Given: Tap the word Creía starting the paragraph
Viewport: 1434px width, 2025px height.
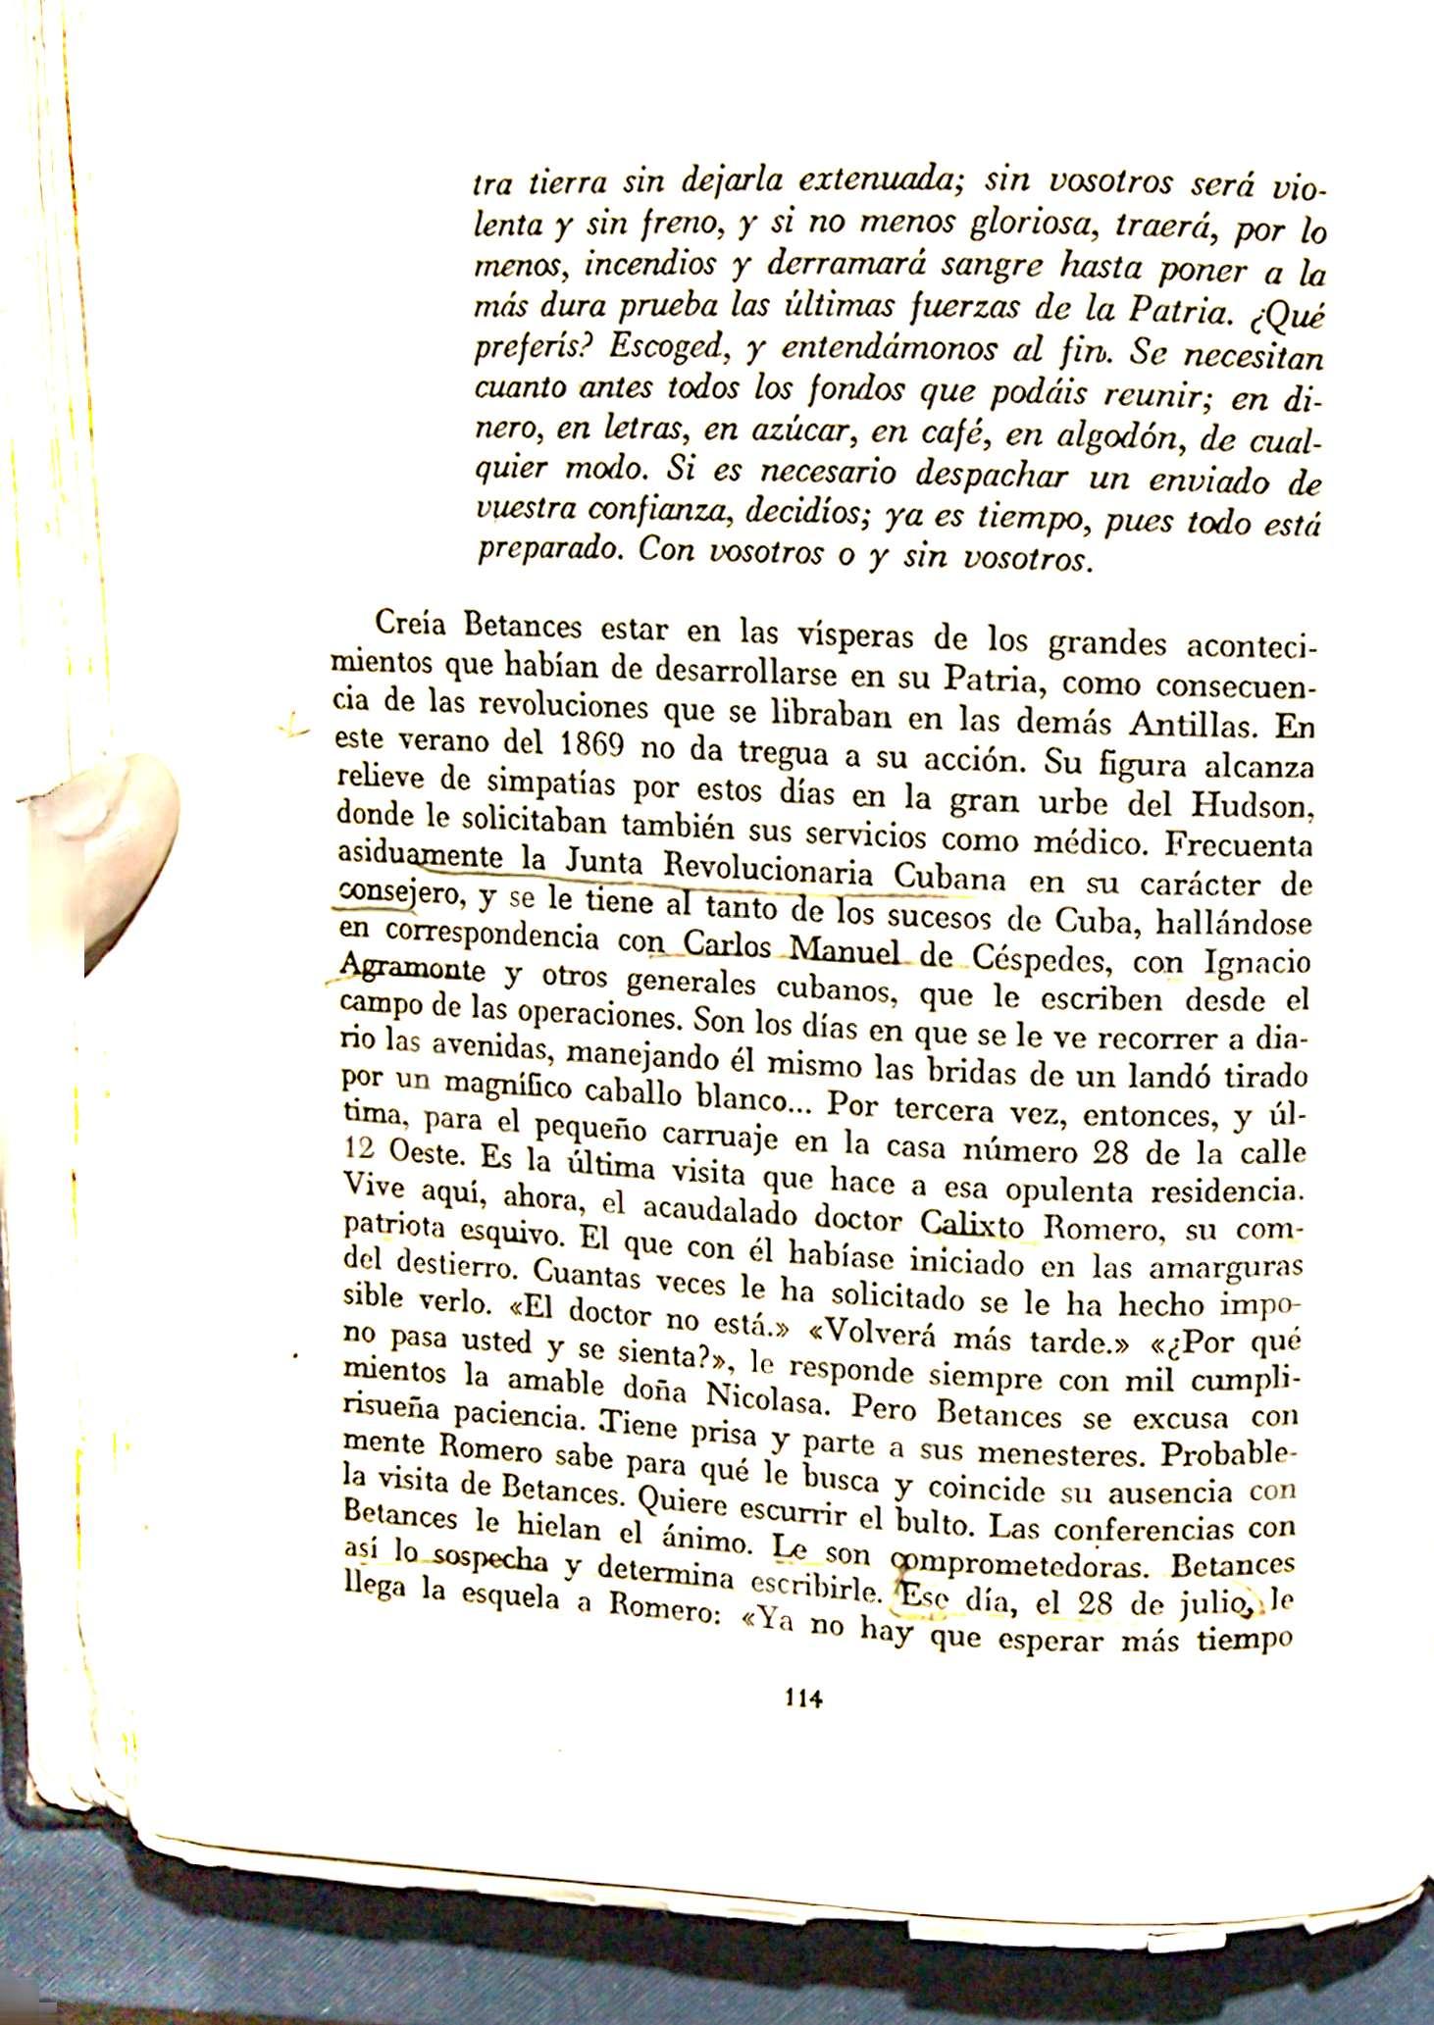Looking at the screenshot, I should coord(411,624).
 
